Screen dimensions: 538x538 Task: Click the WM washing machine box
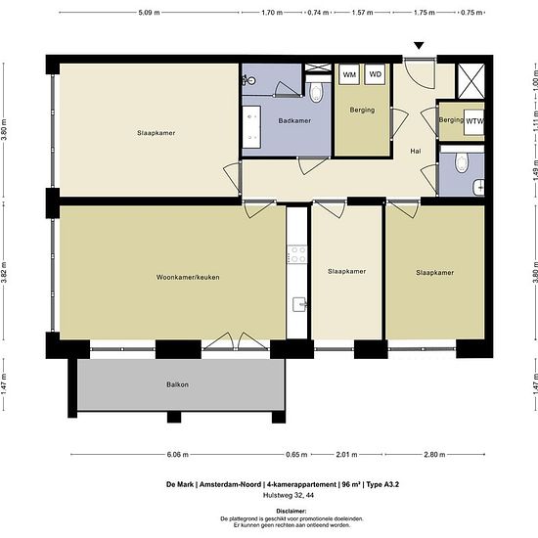click(349, 74)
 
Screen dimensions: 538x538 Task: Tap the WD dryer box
click(375, 74)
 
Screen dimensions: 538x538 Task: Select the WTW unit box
click(474, 121)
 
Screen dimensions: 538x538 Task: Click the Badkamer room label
click(294, 120)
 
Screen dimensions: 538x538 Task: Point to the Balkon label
click(177, 384)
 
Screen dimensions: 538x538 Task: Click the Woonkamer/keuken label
click(188, 277)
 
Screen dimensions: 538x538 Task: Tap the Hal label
click(416, 151)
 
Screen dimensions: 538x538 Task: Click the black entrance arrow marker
click(419, 46)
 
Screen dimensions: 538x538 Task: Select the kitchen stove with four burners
click(297, 254)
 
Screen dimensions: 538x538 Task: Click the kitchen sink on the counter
click(299, 304)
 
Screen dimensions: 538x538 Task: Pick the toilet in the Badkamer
click(315, 92)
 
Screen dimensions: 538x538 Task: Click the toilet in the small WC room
click(462, 161)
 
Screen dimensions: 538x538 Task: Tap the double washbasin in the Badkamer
click(251, 127)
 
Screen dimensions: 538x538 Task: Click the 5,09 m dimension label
click(149, 13)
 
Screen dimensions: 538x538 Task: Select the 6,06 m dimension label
click(177, 455)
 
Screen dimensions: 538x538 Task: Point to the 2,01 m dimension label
click(346, 455)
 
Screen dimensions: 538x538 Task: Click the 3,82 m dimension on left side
click(4, 272)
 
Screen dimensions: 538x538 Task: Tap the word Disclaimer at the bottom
click(291, 512)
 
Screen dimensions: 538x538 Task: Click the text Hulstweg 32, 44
click(289, 495)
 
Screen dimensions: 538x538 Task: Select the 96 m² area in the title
click(351, 484)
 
